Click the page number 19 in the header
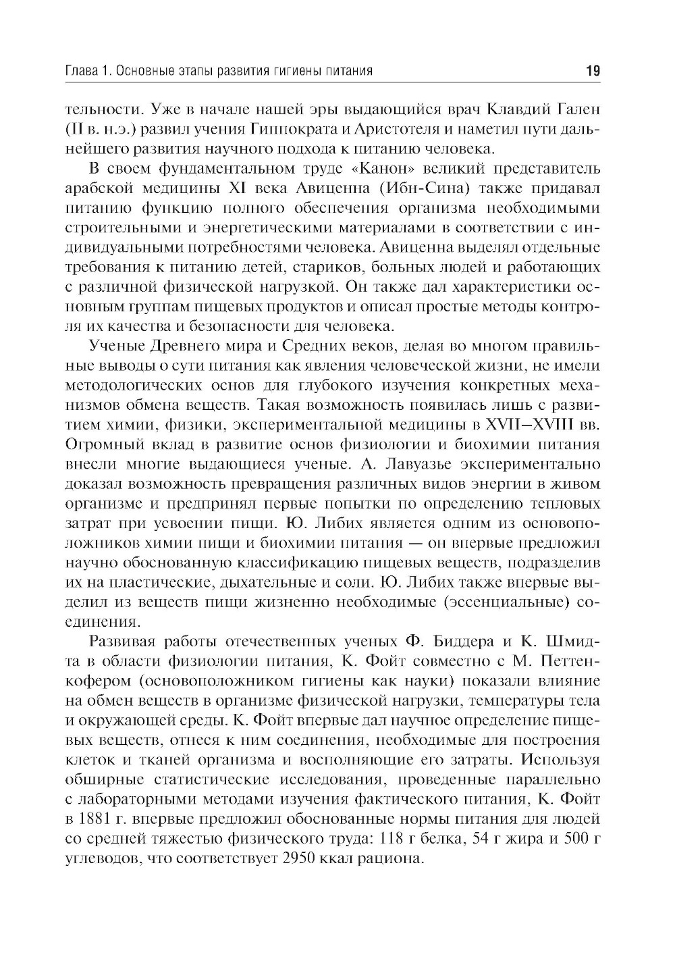coord(593,70)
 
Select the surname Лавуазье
coord(422,465)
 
